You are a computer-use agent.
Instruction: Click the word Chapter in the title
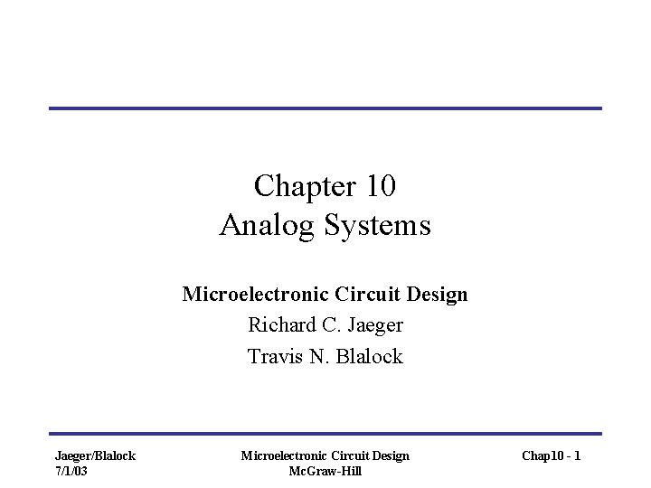pyautogui.click(x=296, y=186)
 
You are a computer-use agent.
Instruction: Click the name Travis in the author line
pyautogui.click(x=275, y=357)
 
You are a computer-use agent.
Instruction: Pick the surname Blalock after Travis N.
pyautogui.click(x=370, y=357)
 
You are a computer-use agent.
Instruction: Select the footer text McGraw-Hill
pyautogui.click(x=325, y=471)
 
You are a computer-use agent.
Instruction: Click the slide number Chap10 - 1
pyautogui.click(x=551, y=456)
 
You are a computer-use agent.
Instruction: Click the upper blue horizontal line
pyautogui.click(x=325, y=108)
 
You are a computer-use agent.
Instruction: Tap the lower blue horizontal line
pyautogui.click(x=325, y=434)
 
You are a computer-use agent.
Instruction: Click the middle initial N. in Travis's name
pyautogui.click(x=321, y=357)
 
